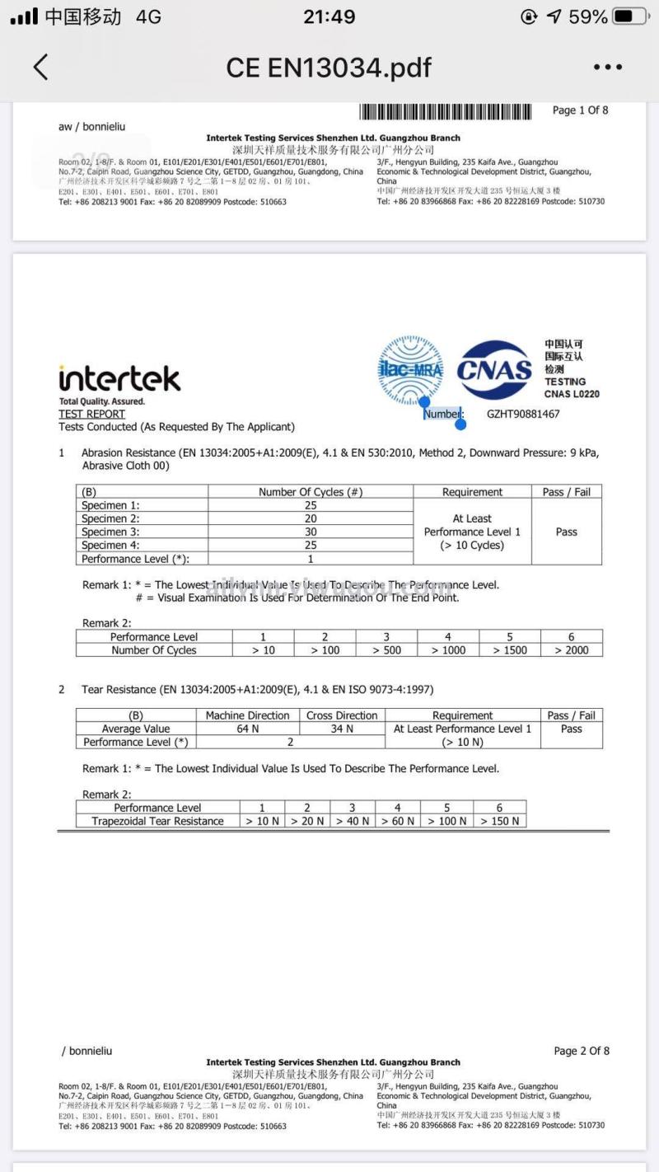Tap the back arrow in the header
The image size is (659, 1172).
pos(40,67)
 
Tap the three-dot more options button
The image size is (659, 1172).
pos(607,68)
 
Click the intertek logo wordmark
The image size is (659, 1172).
pos(119,379)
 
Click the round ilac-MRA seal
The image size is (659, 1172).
pos(410,369)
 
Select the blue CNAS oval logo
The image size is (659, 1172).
pos(494,370)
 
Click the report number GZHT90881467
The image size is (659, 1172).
pos(522,414)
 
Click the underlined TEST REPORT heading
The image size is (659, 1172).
pos(91,414)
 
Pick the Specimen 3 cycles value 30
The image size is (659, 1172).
pos(311,532)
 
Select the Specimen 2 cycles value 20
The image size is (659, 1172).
pos(311,518)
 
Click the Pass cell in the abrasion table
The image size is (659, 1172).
pos(566,532)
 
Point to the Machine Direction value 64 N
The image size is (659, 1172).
pos(248,729)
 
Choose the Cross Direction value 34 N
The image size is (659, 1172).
pos(342,729)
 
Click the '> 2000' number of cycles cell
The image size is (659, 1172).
pos(571,650)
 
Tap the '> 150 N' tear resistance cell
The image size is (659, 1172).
pos(499,821)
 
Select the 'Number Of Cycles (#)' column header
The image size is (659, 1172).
pos(311,492)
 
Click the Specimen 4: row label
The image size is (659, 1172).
pos(110,545)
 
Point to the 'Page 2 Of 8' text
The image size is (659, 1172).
pos(582,1051)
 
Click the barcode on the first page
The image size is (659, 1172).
pos(446,112)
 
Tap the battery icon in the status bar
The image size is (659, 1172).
pos(629,16)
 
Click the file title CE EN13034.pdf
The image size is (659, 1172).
pos(329,68)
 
